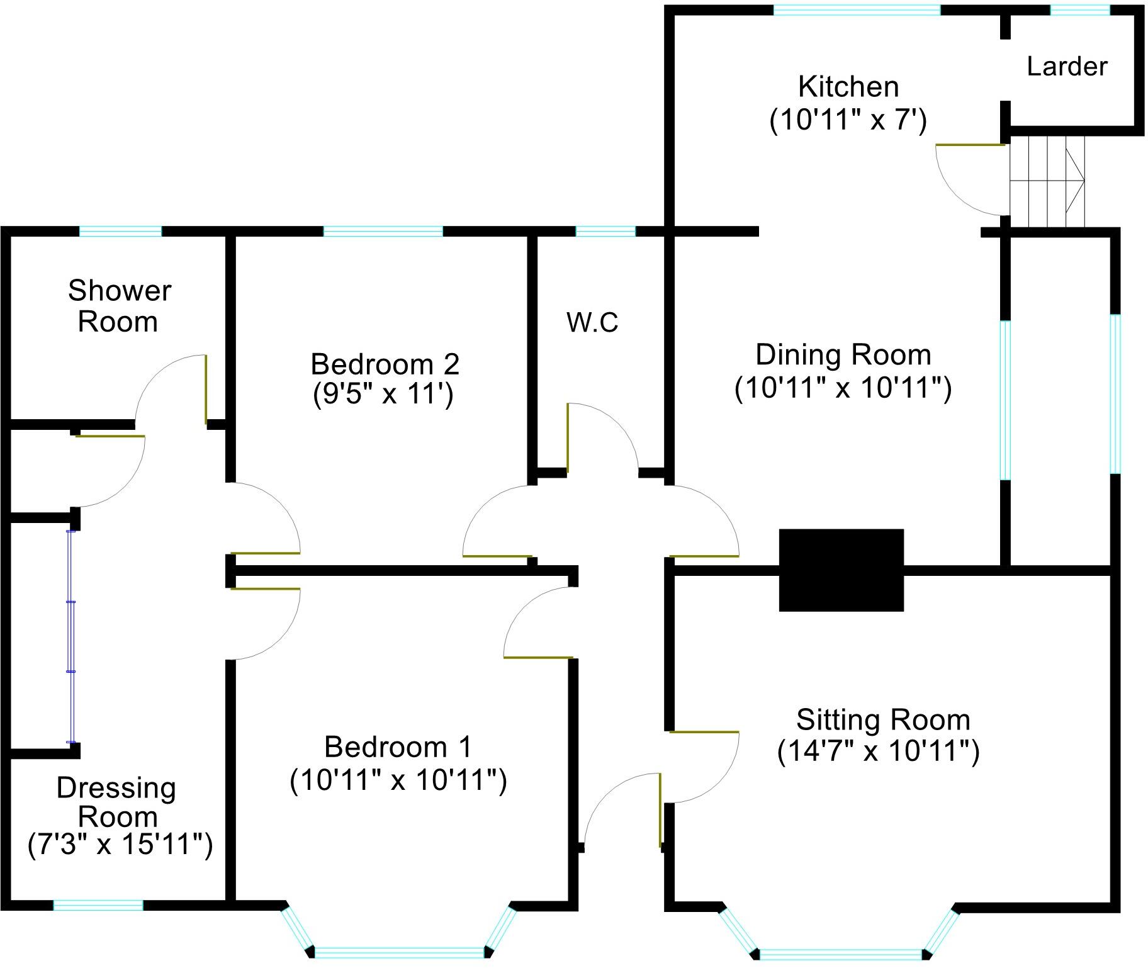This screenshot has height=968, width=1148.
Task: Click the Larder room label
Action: (x=1067, y=67)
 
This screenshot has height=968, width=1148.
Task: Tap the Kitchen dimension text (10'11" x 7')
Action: (x=848, y=120)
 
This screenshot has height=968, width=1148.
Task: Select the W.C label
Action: (x=592, y=322)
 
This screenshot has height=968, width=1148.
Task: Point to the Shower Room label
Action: (x=119, y=306)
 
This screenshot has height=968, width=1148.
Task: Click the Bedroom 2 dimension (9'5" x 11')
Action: (x=383, y=395)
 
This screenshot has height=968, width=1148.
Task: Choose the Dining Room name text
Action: (x=843, y=355)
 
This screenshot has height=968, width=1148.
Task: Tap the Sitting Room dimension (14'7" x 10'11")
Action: (x=878, y=751)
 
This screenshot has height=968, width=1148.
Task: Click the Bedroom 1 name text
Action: (x=397, y=748)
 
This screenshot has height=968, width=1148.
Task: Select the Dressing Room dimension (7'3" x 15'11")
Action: (x=120, y=845)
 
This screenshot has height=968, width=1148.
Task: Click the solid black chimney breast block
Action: (x=841, y=570)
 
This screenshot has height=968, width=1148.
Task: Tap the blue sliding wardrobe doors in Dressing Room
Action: (x=71, y=637)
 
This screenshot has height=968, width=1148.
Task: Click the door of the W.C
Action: (x=568, y=437)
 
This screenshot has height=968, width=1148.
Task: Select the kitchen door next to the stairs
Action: (x=970, y=145)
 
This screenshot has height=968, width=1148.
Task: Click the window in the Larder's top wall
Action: (x=1079, y=10)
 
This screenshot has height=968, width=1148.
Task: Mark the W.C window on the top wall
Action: (x=605, y=232)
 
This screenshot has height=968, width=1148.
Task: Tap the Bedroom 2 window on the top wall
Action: (x=383, y=232)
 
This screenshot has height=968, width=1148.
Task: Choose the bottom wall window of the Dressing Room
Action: (x=98, y=905)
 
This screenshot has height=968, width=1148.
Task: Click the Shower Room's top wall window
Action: (x=120, y=232)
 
